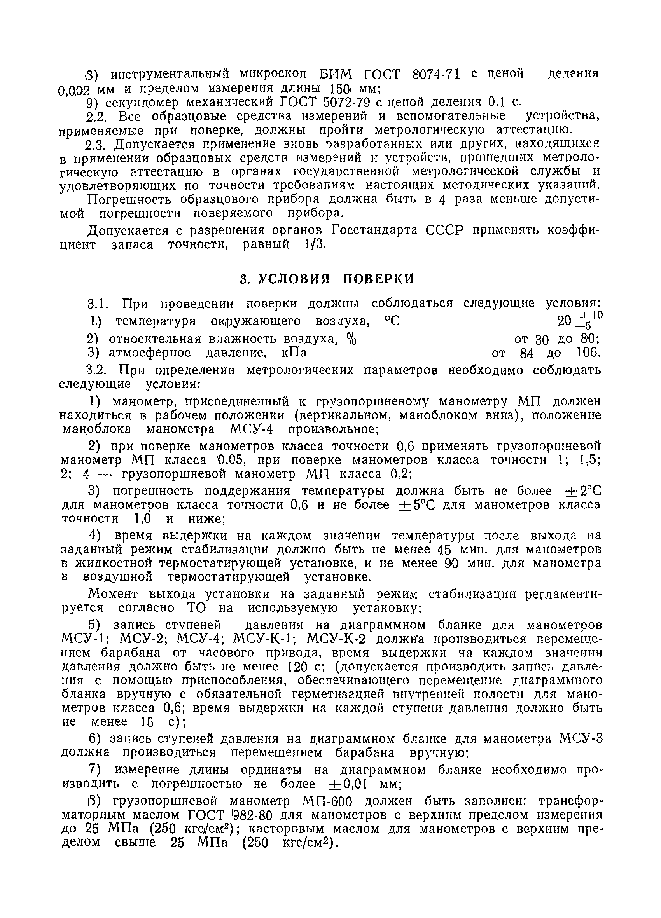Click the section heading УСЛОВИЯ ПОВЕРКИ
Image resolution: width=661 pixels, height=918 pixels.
coord(336,279)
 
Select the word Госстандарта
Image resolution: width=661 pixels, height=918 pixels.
coord(376,231)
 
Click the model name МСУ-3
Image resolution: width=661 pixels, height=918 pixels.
coord(581,739)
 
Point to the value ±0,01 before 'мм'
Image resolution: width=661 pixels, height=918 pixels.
coord(348,784)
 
